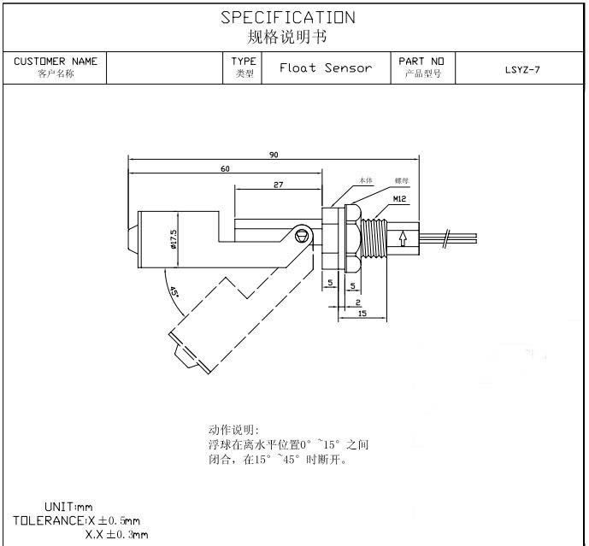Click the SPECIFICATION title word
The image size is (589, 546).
coord(287,17)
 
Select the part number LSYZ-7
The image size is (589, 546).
coord(522,69)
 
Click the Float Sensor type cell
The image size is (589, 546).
coord(326,68)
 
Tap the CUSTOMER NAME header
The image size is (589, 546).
coord(56,62)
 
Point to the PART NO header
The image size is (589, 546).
coord(421,62)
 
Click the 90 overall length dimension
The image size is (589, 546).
coord(274,155)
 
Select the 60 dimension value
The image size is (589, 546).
coord(225,168)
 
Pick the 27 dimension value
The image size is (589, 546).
coord(279,185)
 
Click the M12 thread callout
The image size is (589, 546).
coord(398,198)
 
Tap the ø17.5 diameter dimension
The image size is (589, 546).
coord(174,238)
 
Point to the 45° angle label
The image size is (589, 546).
coord(174,292)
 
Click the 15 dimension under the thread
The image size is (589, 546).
coord(362,314)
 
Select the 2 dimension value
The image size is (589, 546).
coord(357,302)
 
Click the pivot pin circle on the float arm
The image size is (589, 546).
coord(300,235)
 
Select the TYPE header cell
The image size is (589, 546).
coord(244,62)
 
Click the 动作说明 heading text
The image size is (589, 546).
coord(233,430)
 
